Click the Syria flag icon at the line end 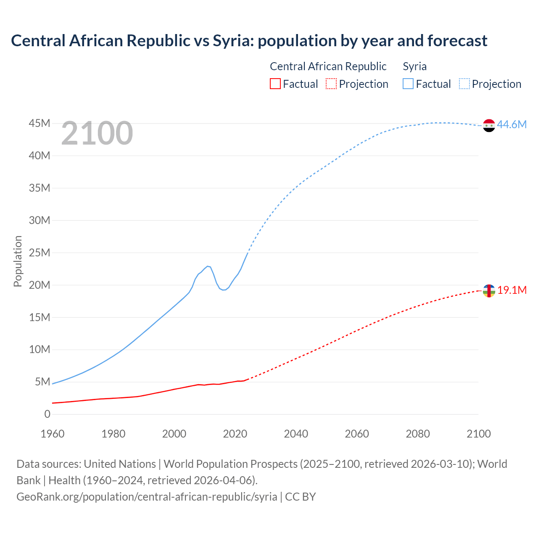tap(489, 125)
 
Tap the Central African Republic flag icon tap(489, 290)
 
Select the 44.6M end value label tap(512, 125)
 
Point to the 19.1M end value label tap(512, 290)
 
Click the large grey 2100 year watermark tap(97, 133)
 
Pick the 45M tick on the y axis tap(40, 124)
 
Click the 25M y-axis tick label tap(40, 253)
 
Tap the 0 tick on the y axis tap(47, 414)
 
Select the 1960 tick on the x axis tap(53, 434)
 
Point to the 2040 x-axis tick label tap(296, 434)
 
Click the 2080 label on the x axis tap(418, 434)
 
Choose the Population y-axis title tap(18, 261)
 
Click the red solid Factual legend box tap(275, 84)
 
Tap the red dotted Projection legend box tap(331, 84)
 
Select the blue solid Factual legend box tap(408, 84)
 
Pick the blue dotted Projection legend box tap(464, 84)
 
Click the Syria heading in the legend tap(414, 66)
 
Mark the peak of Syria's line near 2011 tap(208, 266)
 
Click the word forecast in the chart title tap(457, 41)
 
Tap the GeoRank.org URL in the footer tap(147, 497)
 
